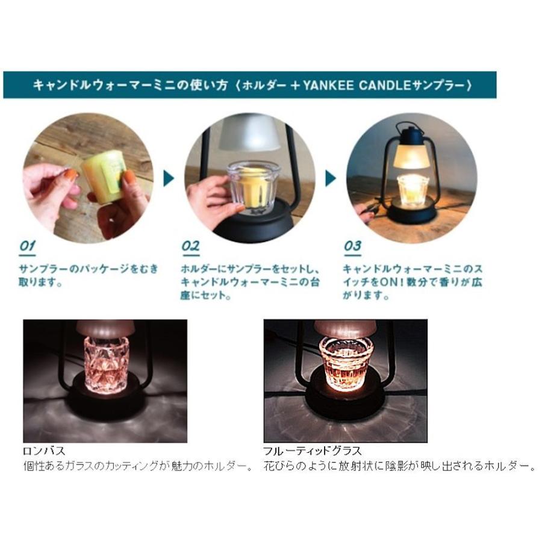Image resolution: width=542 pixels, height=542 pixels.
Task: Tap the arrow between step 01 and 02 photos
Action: click(169, 178)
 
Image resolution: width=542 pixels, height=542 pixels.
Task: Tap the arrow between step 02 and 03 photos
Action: click(331, 178)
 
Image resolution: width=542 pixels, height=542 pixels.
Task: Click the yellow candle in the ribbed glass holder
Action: click(255, 184)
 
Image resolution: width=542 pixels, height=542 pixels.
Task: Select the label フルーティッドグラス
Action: click(311, 450)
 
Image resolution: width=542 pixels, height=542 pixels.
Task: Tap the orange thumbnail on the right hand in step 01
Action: click(129, 177)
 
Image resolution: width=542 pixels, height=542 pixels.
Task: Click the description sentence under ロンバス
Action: click(138, 466)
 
